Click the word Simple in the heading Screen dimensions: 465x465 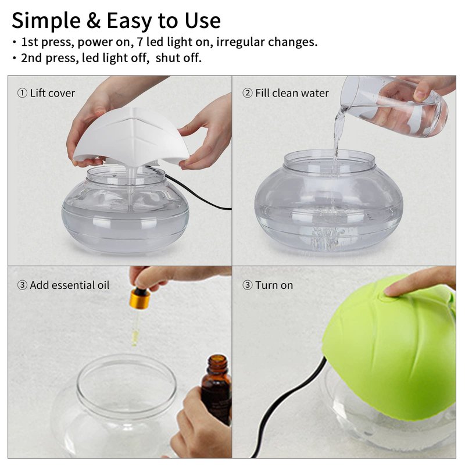(46, 22)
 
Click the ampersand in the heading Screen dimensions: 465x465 (94, 21)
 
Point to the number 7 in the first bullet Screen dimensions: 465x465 (140, 42)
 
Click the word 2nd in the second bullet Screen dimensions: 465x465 (31, 58)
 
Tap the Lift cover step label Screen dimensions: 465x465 (46, 93)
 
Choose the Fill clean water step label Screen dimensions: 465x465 (285, 93)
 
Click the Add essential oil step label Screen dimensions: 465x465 (63, 285)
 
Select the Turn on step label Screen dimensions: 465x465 (268, 285)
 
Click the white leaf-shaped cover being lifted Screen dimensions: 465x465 (130, 137)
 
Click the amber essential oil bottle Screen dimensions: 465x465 (216, 389)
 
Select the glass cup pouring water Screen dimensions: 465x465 (395, 106)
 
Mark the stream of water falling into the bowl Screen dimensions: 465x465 (338, 139)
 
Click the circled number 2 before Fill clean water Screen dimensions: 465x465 (248, 93)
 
